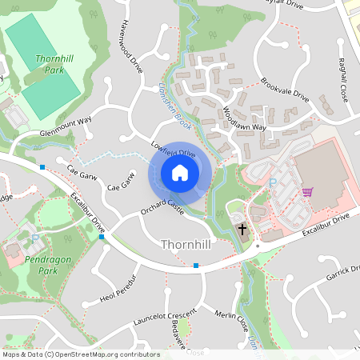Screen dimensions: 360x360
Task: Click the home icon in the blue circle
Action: point(180,173)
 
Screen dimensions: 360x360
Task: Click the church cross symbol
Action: point(242,230)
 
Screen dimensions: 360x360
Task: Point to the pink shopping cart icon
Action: point(307,192)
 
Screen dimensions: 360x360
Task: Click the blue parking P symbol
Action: point(273,183)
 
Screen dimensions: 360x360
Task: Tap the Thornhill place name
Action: point(186,244)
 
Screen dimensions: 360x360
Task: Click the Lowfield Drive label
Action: point(173,148)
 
